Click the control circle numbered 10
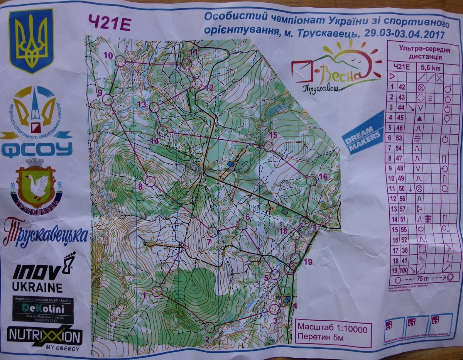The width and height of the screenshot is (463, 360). click(x=120, y=61)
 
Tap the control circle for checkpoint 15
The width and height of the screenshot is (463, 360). click(x=268, y=146)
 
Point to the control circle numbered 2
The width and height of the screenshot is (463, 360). click(x=209, y=327)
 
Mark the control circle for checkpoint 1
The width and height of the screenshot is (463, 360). click(x=157, y=292)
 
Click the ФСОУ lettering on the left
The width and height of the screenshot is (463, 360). click(x=37, y=149)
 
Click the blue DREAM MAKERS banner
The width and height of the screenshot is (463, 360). click(x=363, y=132)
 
